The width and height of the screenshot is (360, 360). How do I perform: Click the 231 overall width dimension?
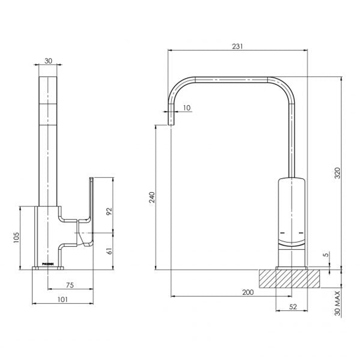(237, 46)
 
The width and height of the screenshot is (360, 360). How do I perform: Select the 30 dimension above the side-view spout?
(48, 61)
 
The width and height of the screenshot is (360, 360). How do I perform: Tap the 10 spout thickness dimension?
(187, 108)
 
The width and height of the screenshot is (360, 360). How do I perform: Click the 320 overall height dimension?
(337, 173)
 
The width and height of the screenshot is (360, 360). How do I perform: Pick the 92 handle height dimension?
(110, 211)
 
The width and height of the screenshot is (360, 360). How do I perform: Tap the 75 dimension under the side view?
(70, 285)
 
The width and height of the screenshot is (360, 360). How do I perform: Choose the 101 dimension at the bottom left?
(62, 300)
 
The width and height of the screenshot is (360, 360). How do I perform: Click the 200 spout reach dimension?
(248, 292)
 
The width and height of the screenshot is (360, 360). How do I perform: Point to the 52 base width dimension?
(293, 307)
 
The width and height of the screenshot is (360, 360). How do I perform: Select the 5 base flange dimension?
(326, 254)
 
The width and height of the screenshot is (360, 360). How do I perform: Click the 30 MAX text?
(337, 303)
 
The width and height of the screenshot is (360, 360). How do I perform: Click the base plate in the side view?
(48, 268)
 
